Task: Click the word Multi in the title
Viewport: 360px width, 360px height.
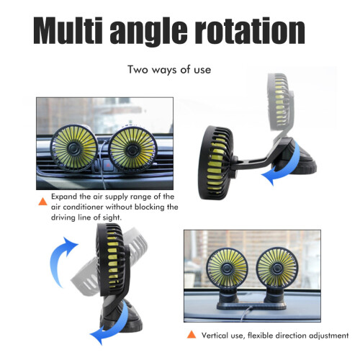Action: [x=68, y=31]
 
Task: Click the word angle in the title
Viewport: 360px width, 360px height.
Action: [x=148, y=32]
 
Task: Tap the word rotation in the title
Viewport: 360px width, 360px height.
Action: [x=250, y=31]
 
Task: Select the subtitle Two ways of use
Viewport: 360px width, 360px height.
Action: [x=169, y=70]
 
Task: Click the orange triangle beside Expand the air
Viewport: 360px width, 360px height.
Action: [x=42, y=202]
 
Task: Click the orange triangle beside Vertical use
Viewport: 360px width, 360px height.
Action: [x=192, y=335]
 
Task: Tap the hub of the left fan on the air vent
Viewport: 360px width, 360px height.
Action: [x=73, y=148]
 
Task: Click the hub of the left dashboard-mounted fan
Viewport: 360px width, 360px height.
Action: [x=227, y=269]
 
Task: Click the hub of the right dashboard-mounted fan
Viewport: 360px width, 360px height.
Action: [x=276, y=267]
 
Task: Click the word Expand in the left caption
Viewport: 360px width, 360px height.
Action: [x=64, y=197]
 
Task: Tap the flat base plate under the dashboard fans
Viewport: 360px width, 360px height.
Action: [x=251, y=306]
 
